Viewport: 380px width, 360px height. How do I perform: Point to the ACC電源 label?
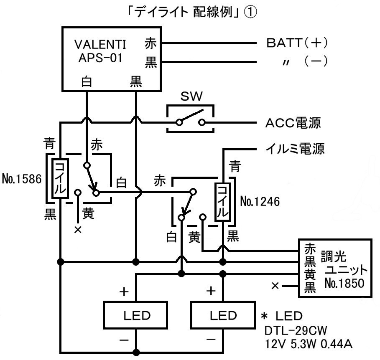[x=293, y=123]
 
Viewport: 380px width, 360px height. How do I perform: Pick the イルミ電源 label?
[x=295, y=148]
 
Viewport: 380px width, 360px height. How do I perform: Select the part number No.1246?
[x=260, y=202]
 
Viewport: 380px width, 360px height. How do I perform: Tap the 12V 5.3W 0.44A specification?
[x=309, y=345]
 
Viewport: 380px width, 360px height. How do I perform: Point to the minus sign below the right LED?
[x=211, y=340]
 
